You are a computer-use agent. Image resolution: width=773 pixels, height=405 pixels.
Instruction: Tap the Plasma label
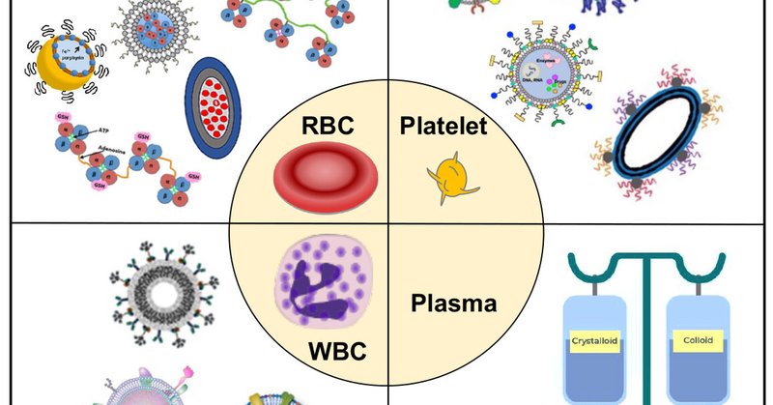[454, 304]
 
